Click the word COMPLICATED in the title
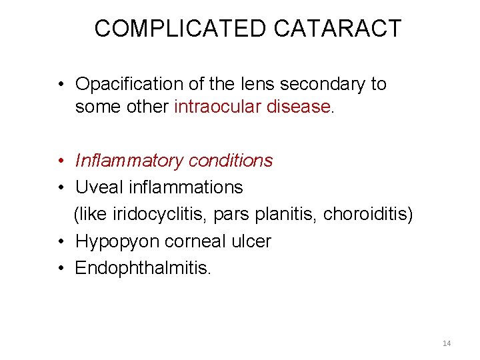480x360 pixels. [180, 29]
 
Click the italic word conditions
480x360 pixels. [231, 161]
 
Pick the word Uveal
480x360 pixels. [95, 188]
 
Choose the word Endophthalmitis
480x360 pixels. [143, 268]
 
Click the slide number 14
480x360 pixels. [447, 343]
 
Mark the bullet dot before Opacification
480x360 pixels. [61, 85]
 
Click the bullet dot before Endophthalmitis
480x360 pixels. [61, 269]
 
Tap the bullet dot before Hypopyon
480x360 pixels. [61, 242]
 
